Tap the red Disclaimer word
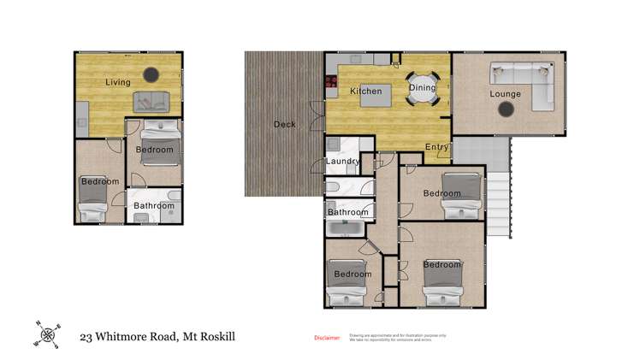pos(327,338)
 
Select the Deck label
pos(284,125)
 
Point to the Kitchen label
pos(365,91)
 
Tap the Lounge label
pos(505,93)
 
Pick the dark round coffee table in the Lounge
pos(507,109)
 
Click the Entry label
pos(437,147)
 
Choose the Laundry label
pos(341,162)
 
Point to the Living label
pos(118,83)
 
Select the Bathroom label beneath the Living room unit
pos(154,205)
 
